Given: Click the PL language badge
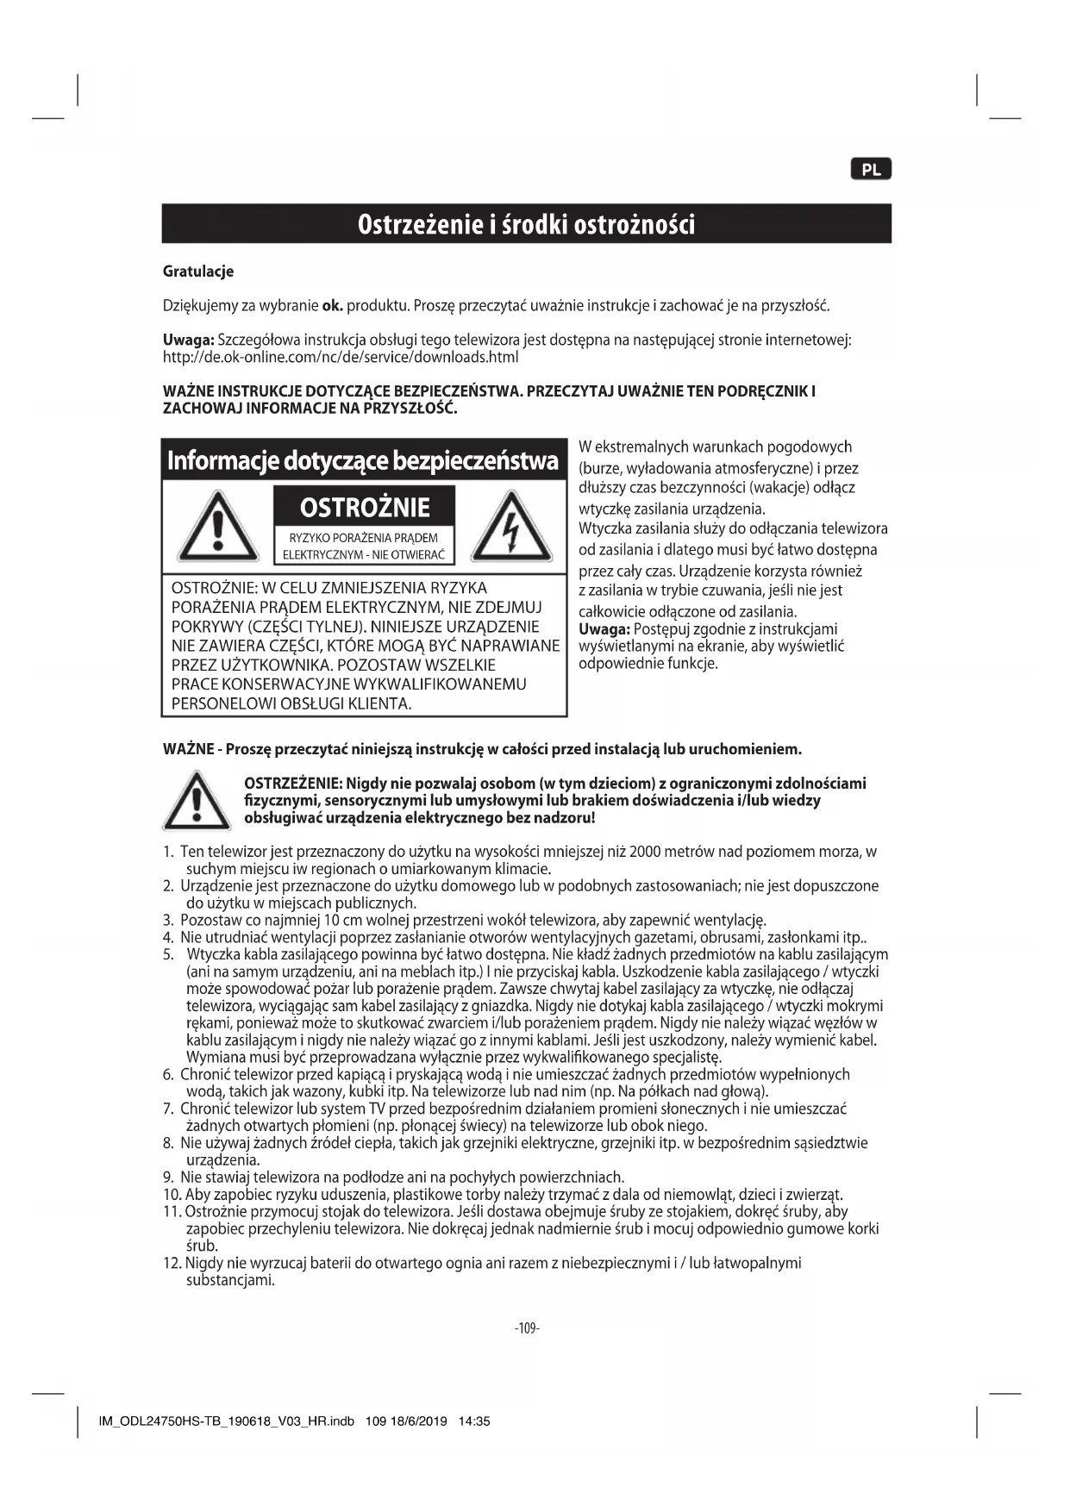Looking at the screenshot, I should tap(871, 170).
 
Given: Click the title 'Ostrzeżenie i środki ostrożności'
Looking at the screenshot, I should tap(526, 224).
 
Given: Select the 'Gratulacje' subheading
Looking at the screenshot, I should tap(198, 272).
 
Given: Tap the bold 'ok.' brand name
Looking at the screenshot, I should tap(332, 306).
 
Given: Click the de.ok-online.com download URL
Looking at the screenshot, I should tap(341, 357).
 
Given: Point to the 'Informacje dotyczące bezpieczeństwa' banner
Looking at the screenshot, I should tap(363, 460).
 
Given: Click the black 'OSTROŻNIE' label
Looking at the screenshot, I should tap(364, 507).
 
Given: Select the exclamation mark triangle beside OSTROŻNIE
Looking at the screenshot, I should tap(217, 528).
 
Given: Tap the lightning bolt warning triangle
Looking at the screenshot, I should tap(512, 528).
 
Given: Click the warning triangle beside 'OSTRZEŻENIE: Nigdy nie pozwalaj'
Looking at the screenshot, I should tap(197, 801).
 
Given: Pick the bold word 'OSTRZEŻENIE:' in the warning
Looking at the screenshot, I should tap(294, 784).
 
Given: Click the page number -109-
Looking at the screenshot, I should tap(526, 1328).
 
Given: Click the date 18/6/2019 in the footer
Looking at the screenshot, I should tap(418, 1421).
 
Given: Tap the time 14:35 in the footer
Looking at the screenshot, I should tap(474, 1421).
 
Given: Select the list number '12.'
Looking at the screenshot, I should tap(172, 1264).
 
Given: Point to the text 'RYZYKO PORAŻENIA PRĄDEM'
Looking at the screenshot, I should tap(363, 538).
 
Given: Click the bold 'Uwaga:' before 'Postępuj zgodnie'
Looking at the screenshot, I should tap(604, 629).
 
